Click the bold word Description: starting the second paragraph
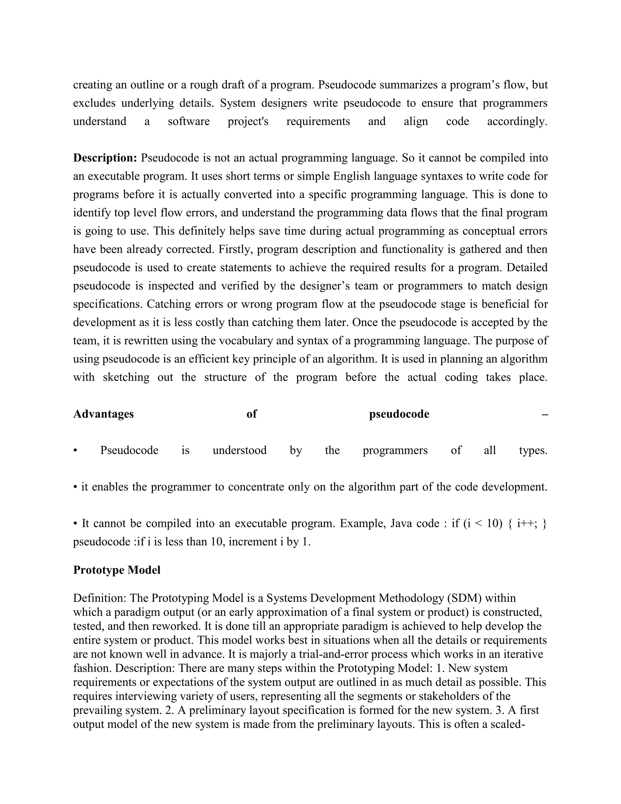coord(105,158)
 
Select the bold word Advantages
coord(103,414)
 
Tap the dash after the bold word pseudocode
coord(545,414)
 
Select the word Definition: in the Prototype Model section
coord(99,598)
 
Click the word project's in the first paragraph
coord(248,121)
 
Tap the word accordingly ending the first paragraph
coord(517,121)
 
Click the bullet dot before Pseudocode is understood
coord(75,451)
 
